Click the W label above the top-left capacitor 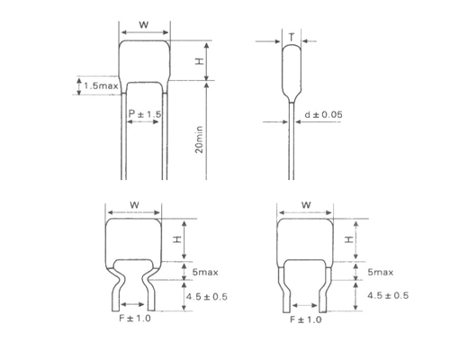(x=144, y=25)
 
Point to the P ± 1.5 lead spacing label (x=145, y=113)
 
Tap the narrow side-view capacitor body (x=291, y=67)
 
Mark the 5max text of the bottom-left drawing (x=206, y=272)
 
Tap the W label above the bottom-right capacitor (x=305, y=203)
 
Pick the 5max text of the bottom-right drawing (x=379, y=272)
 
